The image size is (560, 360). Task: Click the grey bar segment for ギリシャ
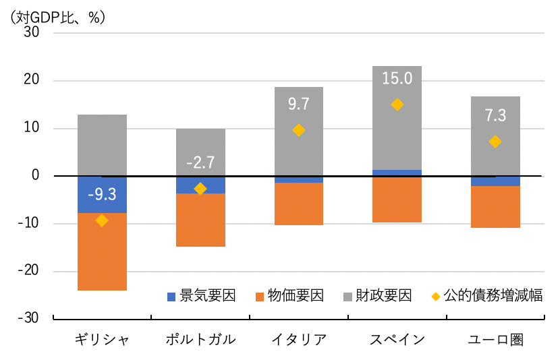coord(102,145)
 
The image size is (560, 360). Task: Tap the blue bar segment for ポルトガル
coord(200,184)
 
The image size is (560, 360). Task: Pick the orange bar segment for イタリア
coord(298,204)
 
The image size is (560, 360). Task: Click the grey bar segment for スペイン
coord(397,135)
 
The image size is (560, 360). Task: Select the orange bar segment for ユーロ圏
coord(495,207)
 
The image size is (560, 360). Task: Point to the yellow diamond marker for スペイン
coord(397,104)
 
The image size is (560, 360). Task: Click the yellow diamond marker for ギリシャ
coord(102,220)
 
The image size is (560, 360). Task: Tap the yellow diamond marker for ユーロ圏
coord(495,142)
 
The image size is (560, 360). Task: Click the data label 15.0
coord(397,79)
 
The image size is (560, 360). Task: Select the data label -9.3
coord(102,196)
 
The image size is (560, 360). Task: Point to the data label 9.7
coord(298,104)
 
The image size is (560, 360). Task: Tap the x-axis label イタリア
coord(298,339)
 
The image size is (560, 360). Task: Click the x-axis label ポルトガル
coord(200,339)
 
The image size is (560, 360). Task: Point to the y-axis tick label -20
coord(30,271)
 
